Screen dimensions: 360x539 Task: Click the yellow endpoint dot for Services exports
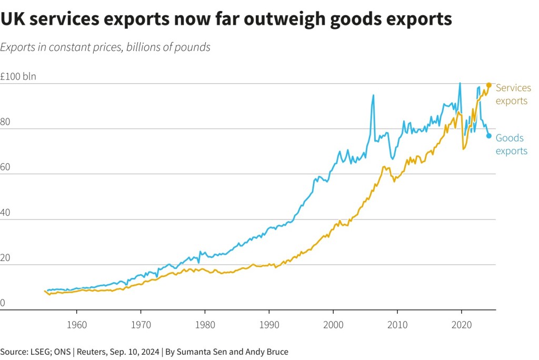pyautogui.click(x=488, y=85)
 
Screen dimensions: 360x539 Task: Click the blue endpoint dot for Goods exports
pyautogui.click(x=488, y=136)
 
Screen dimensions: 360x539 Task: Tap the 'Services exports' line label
pyautogui.click(x=513, y=94)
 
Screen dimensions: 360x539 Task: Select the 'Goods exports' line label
pyautogui.click(x=511, y=144)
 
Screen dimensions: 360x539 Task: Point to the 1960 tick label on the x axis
pyautogui.click(x=76, y=324)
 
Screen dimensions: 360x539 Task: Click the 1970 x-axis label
pyautogui.click(x=141, y=324)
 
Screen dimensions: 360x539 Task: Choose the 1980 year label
pyautogui.click(x=205, y=324)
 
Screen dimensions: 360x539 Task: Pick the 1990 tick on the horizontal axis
pyautogui.click(x=269, y=324)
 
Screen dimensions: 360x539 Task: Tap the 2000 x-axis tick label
pyautogui.click(x=333, y=324)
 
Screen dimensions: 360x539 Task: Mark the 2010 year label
pyautogui.click(x=397, y=324)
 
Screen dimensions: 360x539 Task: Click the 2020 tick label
pyautogui.click(x=462, y=324)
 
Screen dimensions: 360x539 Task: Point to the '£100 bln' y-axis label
pyautogui.click(x=18, y=76)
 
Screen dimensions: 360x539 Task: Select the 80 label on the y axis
pyautogui.click(x=6, y=122)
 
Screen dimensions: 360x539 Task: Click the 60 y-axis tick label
pyautogui.click(x=6, y=167)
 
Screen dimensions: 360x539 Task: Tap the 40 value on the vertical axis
pyautogui.click(x=6, y=213)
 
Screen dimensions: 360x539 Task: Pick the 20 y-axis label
pyautogui.click(x=6, y=258)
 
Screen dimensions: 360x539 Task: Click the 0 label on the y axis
pyautogui.click(x=3, y=304)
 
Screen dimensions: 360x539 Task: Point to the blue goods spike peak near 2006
pyautogui.click(x=373, y=95)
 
